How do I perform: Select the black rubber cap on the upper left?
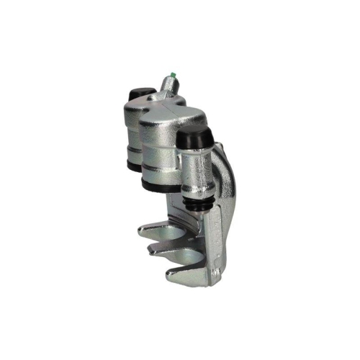coord(138,96)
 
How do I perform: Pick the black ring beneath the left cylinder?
coord(132,164)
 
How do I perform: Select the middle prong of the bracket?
coord(162,249)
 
